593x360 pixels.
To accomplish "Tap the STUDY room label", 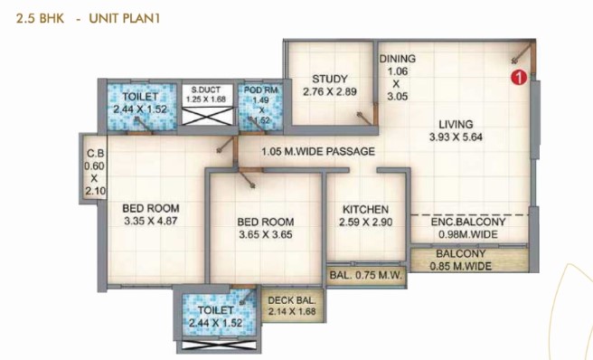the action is pyautogui.click(x=330, y=79).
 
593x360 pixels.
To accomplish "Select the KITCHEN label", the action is pyautogui.click(x=365, y=209).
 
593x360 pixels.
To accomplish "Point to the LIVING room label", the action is pyautogui.click(x=456, y=124).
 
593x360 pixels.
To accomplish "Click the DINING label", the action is pyautogui.click(x=398, y=59).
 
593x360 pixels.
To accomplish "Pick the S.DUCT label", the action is pyautogui.click(x=206, y=90).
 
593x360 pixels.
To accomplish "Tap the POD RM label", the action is pyautogui.click(x=261, y=90).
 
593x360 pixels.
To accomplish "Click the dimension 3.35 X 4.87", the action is pyautogui.click(x=151, y=221).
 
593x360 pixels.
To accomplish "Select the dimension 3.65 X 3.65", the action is pyautogui.click(x=266, y=234).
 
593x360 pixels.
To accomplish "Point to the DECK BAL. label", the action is pyautogui.click(x=292, y=300).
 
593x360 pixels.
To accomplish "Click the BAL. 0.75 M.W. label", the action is pyautogui.click(x=365, y=275).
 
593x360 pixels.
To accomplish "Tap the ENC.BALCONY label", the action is pyautogui.click(x=468, y=222).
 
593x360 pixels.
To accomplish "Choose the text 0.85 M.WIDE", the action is pyautogui.click(x=461, y=266).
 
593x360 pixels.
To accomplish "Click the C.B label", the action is pyautogui.click(x=95, y=154).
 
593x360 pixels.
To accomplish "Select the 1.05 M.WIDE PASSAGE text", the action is pyautogui.click(x=318, y=151).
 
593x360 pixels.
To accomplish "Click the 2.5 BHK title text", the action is pyautogui.click(x=40, y=19).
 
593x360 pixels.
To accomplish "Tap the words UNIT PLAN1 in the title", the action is pyautogui.click(x=125, y=19).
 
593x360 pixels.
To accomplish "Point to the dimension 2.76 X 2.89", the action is pyautogui.click(x=330, y=91).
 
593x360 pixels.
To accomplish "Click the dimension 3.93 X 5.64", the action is pyautogui.click(x=456, y=137).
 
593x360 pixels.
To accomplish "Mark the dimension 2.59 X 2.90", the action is pyautogui.click(x=365, y=223).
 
